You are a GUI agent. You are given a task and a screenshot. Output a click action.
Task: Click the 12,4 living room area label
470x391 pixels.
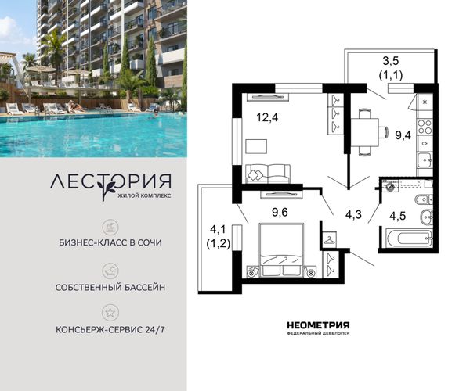267,117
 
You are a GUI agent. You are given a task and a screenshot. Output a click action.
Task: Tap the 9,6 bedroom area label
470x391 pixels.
280,213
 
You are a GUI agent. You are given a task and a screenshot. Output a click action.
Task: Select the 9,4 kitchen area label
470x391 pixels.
403,135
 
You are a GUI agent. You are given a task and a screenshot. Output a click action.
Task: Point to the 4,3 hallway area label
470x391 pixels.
353,214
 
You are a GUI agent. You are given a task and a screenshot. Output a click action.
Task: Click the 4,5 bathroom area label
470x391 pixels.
397,216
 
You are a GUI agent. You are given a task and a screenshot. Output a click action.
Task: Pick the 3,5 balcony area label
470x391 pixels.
391,61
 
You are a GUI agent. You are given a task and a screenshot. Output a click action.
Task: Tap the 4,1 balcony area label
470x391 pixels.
219,230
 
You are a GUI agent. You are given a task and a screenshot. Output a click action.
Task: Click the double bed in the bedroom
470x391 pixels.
281,250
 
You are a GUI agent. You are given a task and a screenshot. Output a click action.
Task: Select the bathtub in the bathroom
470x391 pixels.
410,239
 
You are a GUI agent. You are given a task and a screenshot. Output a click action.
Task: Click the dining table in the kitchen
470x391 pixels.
365,131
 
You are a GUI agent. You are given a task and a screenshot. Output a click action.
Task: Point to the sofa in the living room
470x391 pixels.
268,174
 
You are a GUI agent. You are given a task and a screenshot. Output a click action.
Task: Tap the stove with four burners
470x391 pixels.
425,127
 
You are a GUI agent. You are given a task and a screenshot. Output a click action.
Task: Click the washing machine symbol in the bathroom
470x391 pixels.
389,186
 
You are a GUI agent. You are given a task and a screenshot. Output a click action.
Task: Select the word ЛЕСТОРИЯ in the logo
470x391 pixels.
110,181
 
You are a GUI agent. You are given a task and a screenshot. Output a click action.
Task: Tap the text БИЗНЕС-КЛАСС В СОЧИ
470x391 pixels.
110,242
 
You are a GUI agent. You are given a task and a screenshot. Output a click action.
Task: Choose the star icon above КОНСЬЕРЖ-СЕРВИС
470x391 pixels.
110,313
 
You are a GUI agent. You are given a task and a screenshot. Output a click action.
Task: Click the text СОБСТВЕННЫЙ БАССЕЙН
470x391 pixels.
110,288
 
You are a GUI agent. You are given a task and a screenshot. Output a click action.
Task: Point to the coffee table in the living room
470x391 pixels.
256,146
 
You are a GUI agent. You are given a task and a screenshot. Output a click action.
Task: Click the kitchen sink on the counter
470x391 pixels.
425,160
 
